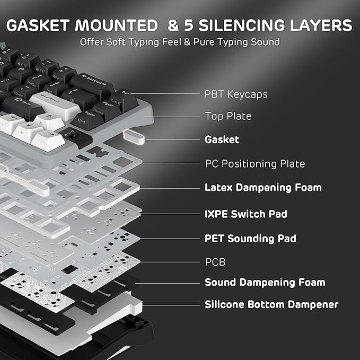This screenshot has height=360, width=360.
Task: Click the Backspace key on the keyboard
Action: click(92, 85)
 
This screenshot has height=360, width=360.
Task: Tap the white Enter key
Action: click(55, 105)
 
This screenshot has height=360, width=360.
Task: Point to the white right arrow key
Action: click(48, 140)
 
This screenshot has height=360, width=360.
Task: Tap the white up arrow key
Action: click(49, 121)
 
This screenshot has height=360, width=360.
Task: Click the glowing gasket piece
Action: click(134, 137)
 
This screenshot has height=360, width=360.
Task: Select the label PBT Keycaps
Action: click(236, 94)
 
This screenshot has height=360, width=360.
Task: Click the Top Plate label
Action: click(228, 116)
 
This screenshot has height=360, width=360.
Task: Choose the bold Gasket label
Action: click(222, 139)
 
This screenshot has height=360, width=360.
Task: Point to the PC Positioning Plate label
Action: click(255, 164)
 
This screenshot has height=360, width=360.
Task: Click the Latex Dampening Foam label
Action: click(263, 188)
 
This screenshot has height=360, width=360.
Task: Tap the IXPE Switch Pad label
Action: click(246, 214)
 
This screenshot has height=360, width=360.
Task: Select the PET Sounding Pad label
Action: click(250, 238)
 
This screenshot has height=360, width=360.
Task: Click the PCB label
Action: click(215, 262)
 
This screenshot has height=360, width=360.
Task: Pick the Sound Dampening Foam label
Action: click(265, 283)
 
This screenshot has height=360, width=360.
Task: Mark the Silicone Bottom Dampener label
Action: click(271, 305)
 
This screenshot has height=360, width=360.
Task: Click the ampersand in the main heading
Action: click(173, 25)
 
